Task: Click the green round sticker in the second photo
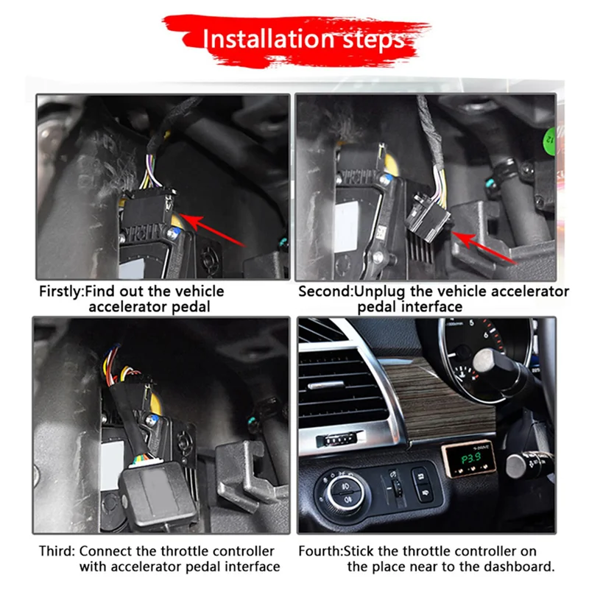(549, 138)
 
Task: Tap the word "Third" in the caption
(56, 551)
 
